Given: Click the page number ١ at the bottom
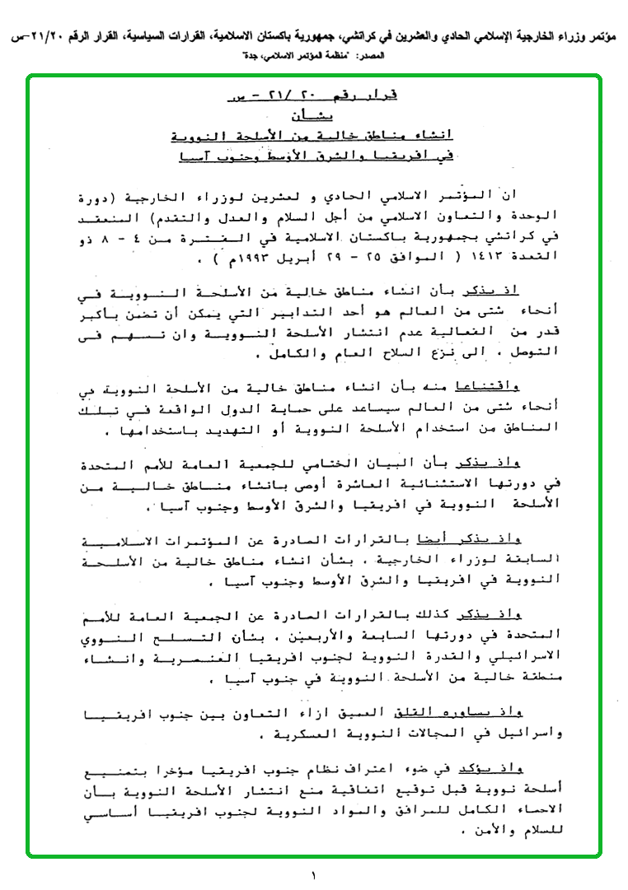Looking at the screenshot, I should point(314,874).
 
